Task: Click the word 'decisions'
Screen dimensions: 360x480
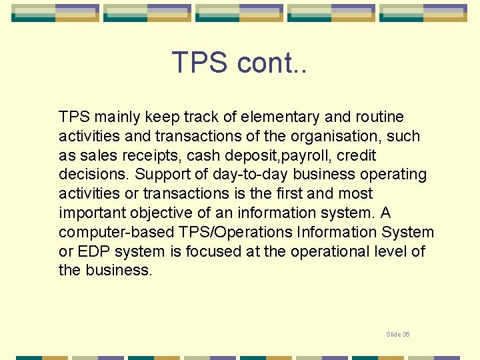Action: (x=94, y=175)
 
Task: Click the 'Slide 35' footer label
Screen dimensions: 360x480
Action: (x=398, y=334)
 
